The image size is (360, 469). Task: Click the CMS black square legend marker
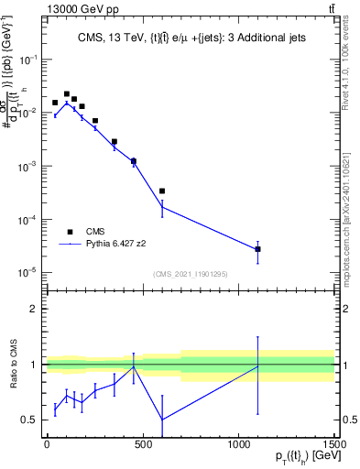(x=70, y=232)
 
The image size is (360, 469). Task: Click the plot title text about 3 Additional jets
(x=191, y=38)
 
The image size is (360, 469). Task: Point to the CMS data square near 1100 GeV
(x=258, y=249)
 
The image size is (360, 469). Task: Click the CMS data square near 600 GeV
(x=162, y=191)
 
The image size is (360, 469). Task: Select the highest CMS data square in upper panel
(x=67, y=93)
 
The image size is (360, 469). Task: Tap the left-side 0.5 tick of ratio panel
(x=30, y=420)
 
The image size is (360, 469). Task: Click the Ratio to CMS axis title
(x=13, y=364)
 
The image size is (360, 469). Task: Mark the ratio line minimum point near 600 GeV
(x=162, y=420)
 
